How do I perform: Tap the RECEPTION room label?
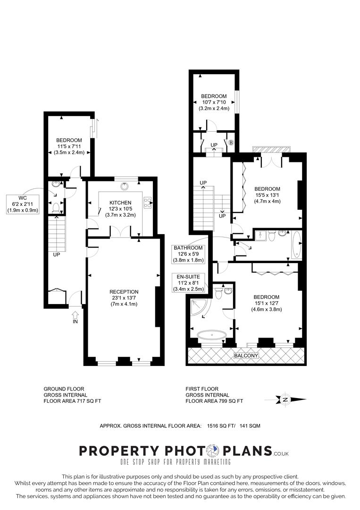(x=123, y=292)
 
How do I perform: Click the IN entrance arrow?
(x=75, y=315)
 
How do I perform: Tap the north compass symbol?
(x=285, y=400)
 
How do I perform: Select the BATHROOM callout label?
(x=188, y=248)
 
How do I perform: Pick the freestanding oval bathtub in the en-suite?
(x=211, y=336)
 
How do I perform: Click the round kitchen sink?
(x=125, y=186)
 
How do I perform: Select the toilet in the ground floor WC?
(x=55, y=207)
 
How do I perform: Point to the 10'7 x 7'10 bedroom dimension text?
(x=214, y=102)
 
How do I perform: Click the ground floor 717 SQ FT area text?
(x=72, y=401)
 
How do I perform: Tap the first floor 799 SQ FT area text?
(x=214, y=401)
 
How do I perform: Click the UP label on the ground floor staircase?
(x=56, y=254)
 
